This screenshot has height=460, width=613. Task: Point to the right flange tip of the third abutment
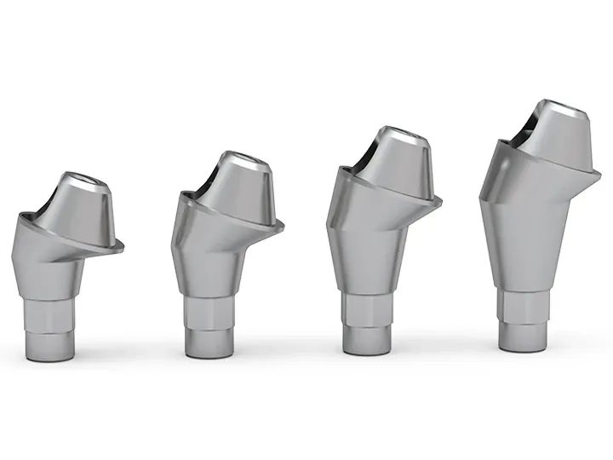pyautogui.click(x=441, y=202)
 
